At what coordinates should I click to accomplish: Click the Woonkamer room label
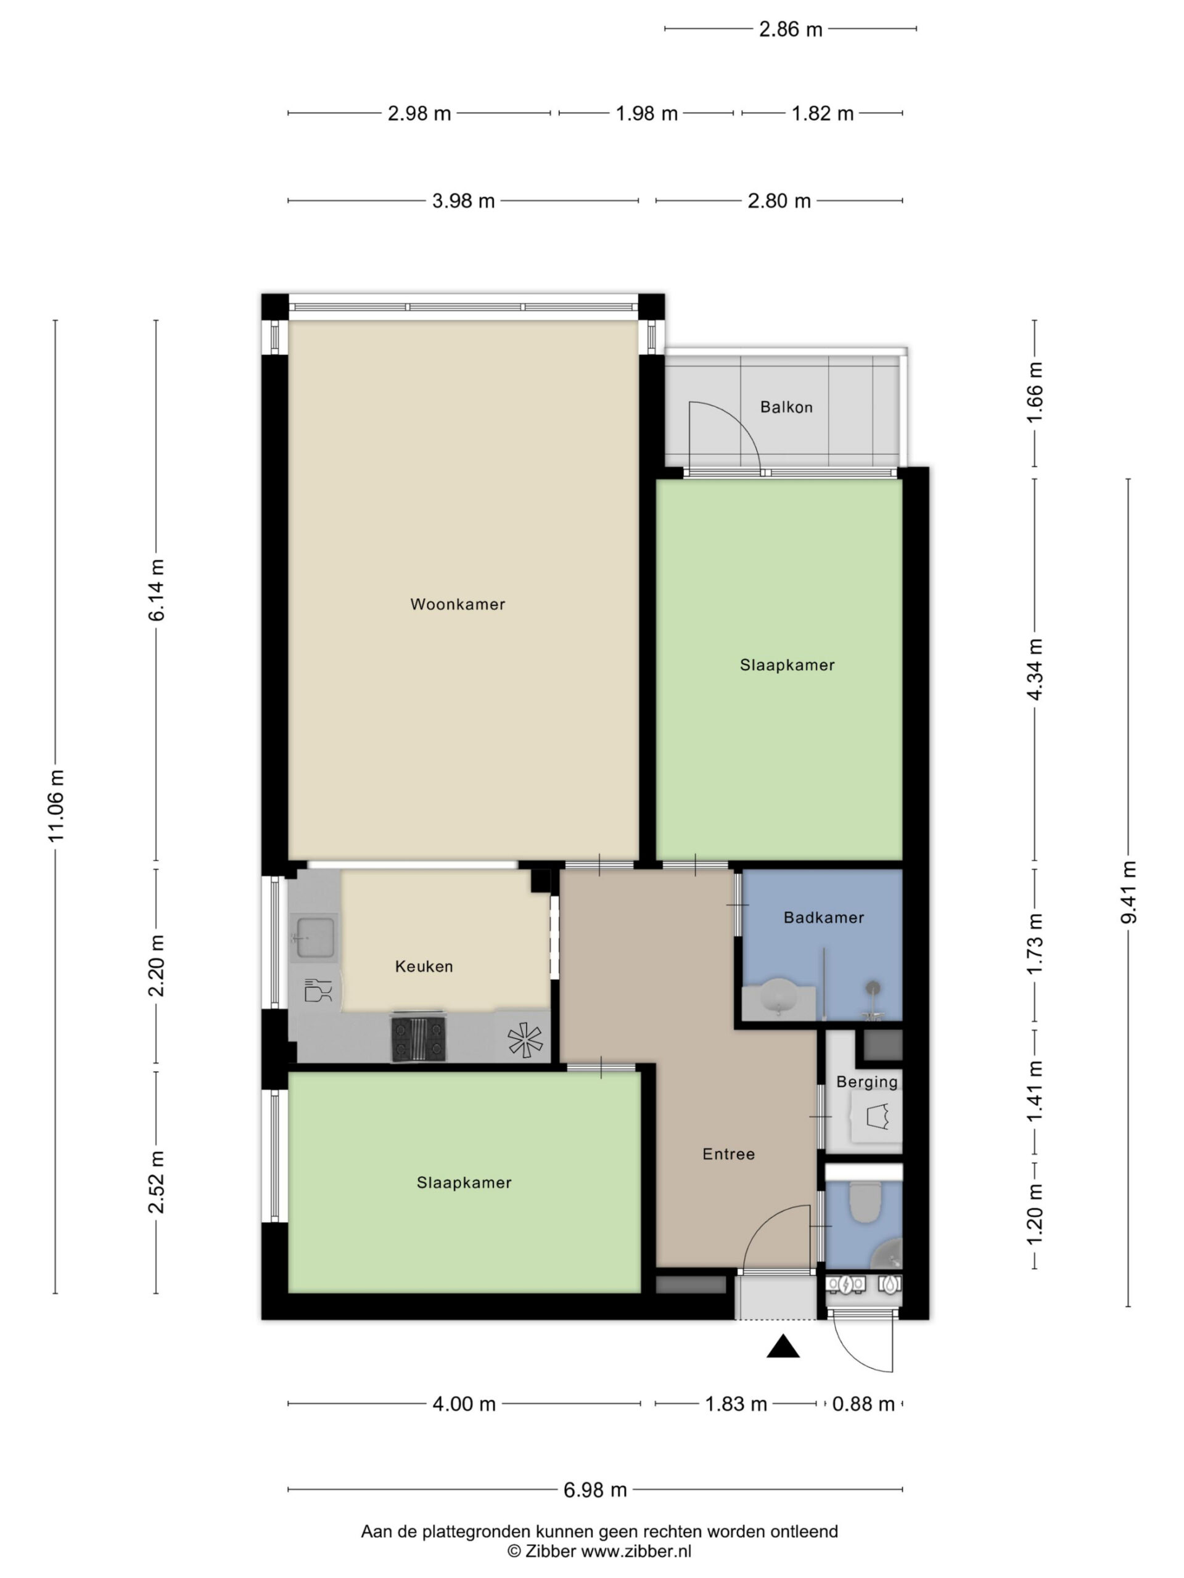458,604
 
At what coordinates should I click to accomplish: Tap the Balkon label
786,407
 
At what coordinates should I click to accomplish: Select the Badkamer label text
824,917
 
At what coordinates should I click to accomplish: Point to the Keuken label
424,967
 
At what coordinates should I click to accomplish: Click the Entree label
728,1155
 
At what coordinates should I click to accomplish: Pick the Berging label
866,1082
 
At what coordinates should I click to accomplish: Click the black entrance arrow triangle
783,1346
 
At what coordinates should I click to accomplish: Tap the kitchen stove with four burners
418,1038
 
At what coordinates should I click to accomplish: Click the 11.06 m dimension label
56,806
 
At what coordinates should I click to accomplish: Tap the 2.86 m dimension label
790,29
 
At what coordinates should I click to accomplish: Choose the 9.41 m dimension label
1128,893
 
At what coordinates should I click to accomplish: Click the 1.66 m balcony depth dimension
1035,393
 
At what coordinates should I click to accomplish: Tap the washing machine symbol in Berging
876,1116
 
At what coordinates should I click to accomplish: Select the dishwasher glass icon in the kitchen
318,990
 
